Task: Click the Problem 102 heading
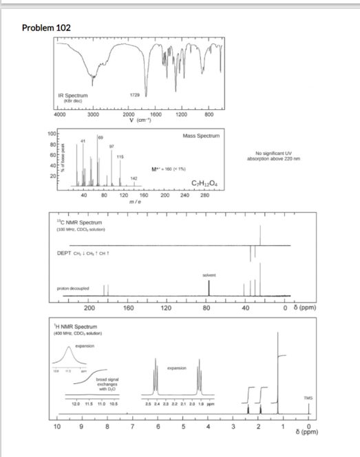pos(45,27)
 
